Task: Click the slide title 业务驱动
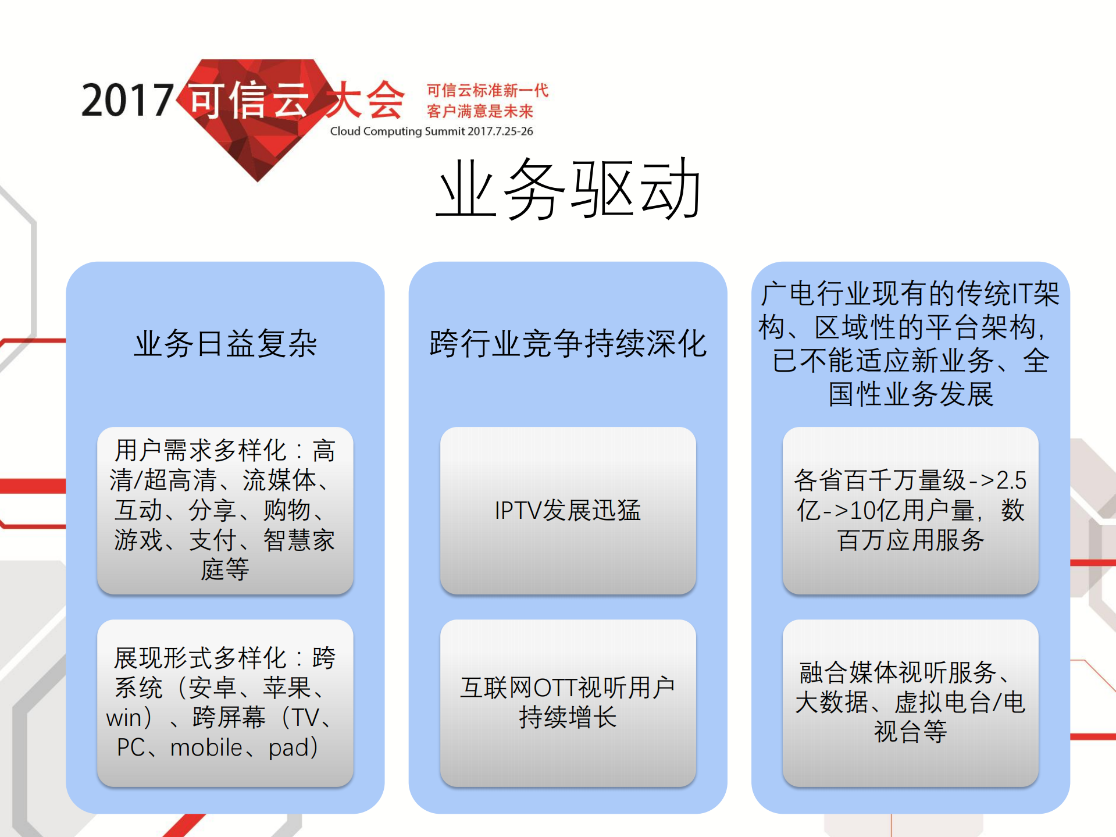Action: point(569,190)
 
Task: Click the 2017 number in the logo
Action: point(127,100)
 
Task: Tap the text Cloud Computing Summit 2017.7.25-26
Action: point(432,131)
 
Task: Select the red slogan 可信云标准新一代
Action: point(487,91)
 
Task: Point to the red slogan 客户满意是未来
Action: point(480,111)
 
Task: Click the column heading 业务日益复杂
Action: point(226,343)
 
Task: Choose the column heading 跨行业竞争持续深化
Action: point(568,343)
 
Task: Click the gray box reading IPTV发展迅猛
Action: point(568,511)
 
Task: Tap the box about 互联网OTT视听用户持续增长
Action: point(568,703)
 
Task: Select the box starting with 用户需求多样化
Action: point(225,511)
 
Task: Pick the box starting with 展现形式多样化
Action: point(225,703)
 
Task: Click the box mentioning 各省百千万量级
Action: point(910,511)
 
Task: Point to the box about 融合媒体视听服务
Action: point(910,703)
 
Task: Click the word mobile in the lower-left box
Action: point(206,747)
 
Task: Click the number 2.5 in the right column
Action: point(1011,480)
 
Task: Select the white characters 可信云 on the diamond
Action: point(249,100)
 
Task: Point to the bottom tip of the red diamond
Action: point(258,179)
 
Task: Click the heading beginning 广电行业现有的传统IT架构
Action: point(910,343)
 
